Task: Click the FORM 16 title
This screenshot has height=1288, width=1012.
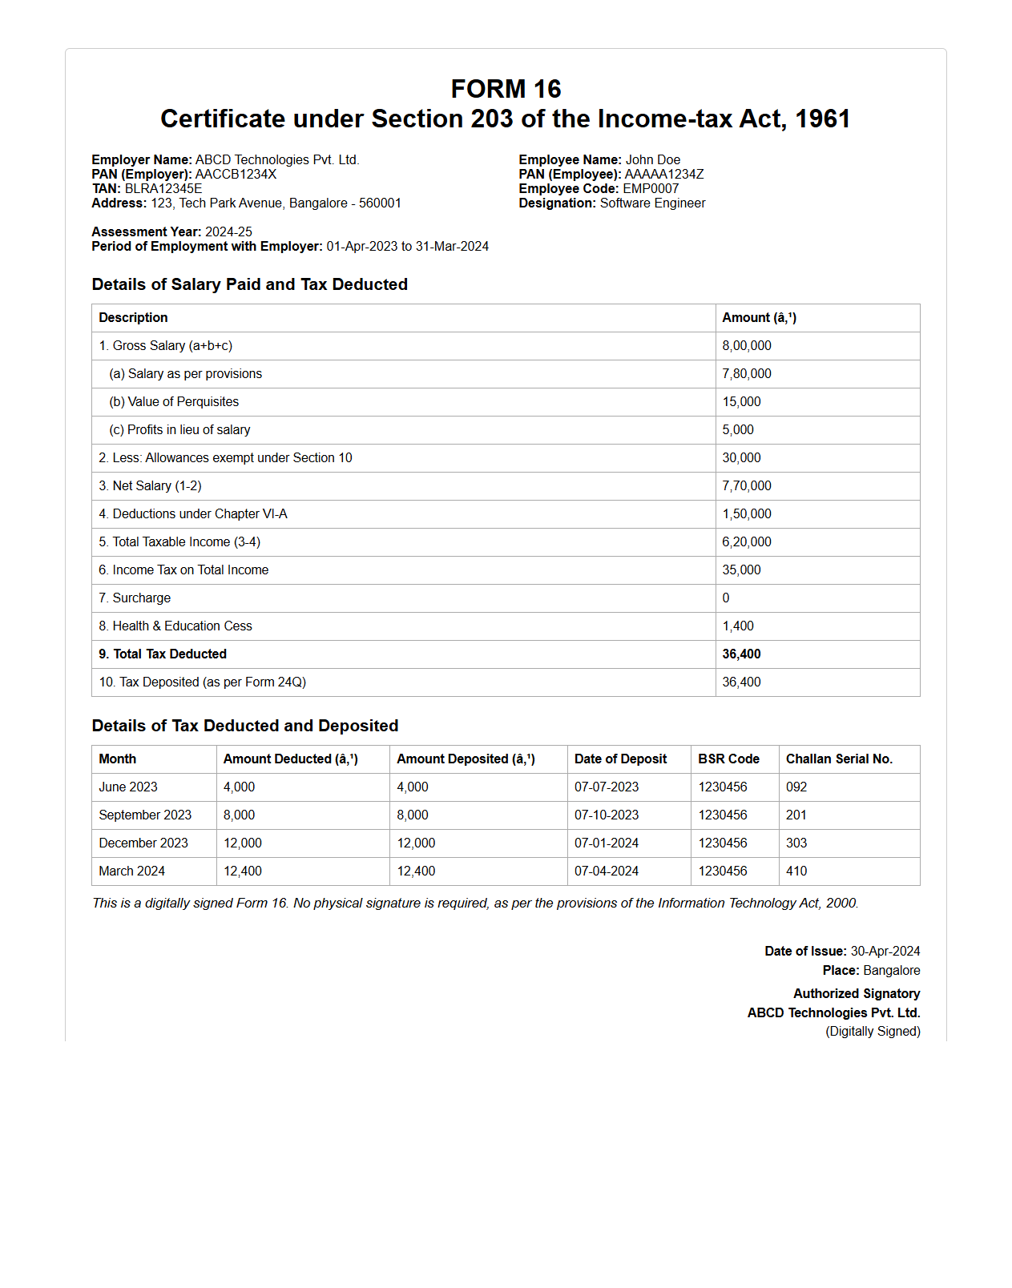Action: [506, 89]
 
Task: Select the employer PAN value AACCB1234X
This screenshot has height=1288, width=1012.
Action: [236, 175]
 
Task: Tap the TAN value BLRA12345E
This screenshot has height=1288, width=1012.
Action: [163, 189]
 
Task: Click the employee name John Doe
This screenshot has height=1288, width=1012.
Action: [652, 160]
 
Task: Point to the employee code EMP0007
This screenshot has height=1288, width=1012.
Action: [651, 189]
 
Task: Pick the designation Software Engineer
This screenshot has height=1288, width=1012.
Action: [652, 203]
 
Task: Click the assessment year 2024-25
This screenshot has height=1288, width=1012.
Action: [228, 232]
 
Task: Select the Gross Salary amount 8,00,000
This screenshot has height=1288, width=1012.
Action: [747, 346]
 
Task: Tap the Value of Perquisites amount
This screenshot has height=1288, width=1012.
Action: [741, 402]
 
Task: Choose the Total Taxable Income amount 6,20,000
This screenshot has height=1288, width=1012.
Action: [747, 542]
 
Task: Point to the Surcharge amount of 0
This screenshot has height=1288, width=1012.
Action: [726, 598]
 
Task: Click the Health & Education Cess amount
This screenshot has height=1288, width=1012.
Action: [738, 626]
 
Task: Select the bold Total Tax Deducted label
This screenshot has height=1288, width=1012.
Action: [163, 654]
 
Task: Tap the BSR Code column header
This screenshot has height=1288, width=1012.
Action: [728, 759]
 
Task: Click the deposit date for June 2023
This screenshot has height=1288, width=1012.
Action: [607, 787]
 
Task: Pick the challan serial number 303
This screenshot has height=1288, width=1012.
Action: [796, 843]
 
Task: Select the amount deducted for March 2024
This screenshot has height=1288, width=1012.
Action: [243, 871]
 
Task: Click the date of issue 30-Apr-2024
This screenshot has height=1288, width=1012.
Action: [885, 952]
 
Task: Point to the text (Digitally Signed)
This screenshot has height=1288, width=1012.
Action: [873, 1032]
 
